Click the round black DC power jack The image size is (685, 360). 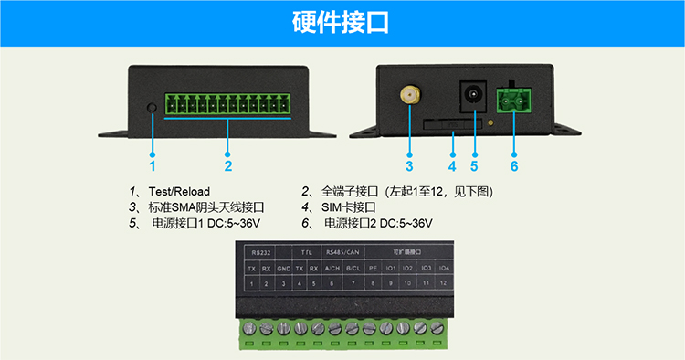tap(474, 94)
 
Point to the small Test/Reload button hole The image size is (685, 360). tap(152, 108)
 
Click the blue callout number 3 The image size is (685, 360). tap(409, 166)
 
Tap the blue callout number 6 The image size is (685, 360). tap(514, 166)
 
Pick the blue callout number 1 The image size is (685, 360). tap(153, 166)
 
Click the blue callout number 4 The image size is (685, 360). tap(452, 166)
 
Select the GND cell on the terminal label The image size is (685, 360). tap(284, 268)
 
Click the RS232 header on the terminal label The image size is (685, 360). tap(260, 250)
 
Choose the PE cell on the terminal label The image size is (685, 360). tap(373, 268)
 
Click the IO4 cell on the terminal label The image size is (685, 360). tap(443, 268)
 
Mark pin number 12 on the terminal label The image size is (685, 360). tap(443, 284)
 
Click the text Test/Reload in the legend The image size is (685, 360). tap(180, 191)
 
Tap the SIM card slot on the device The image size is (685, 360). tap(452, 122)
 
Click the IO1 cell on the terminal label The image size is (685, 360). tap(390, 268)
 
